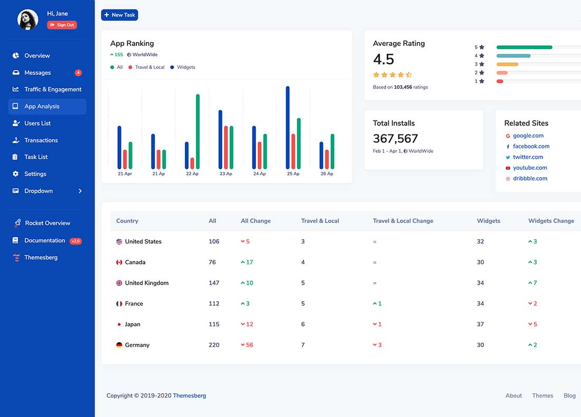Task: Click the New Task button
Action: pos(119,15)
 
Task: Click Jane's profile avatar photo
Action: pos(27,20)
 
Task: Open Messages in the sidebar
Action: pos(38,73)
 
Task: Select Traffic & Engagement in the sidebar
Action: pos(53,90)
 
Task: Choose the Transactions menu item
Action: pos(41,140)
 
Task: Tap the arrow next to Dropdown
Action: pos(80,191)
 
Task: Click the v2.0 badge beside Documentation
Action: pos(76,241)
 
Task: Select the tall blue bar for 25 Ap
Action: pos(288,127)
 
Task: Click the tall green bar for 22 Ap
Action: pos(198,131)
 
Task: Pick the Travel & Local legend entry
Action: pos(149,67)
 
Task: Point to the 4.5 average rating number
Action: pos(383,59)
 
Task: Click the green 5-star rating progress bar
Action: pos(524,47)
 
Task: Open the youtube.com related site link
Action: pos(530,168)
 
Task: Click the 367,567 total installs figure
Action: pos(395,139)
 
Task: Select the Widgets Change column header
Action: pos(551,221)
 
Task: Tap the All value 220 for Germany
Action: pos(214,345)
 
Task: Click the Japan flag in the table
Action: pos(119,324)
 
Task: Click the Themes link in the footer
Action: pos(542,395)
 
